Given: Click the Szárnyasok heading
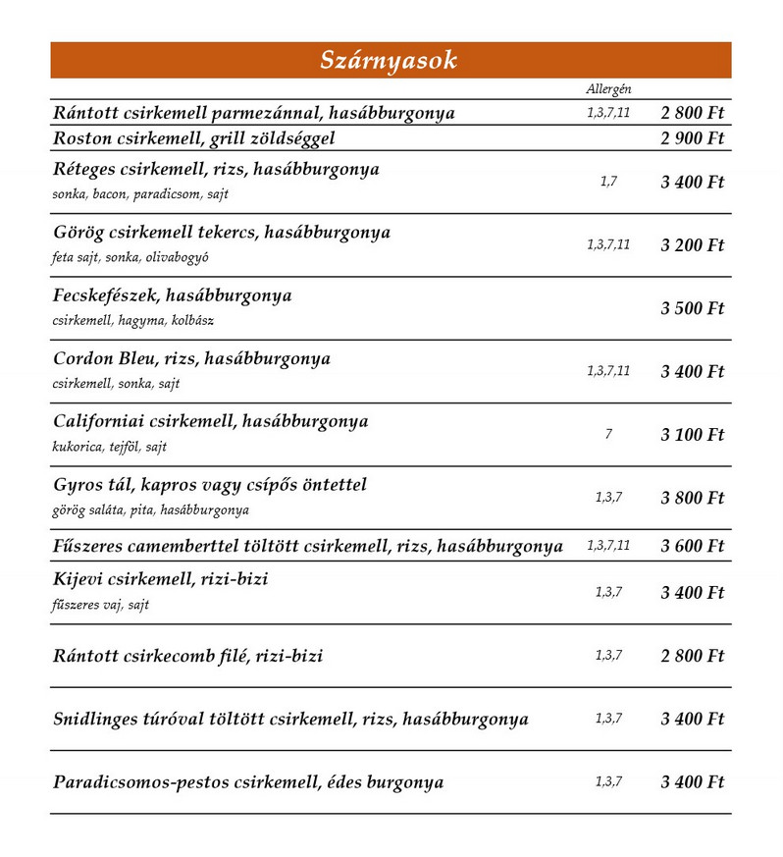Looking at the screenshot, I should pyautogui.click(x=390, y=60).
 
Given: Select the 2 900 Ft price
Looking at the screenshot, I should pyautogui.click(x=692, y=138).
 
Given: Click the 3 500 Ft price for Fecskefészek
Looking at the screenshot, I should pyautogui.click(x=692, y=308).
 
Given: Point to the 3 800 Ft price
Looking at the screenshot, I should pyautogui.click(x=692, y=498).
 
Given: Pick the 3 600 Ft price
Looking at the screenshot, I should pyautogui.click(x=692, y=546).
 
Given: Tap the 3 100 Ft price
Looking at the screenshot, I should pyautogui.click(x=692, y=434).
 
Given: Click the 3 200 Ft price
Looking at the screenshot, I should pyautogui.click(x=692, y=244).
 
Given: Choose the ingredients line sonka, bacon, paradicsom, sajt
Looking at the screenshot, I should pyautogui.click(x=140, y=194).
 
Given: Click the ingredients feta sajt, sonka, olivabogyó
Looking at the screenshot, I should pyautogui.click(x=130, y=258).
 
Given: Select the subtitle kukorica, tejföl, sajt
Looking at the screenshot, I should pyautogui.click(x=110, y=448).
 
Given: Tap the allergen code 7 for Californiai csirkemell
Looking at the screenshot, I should pyautogui.click(x=608, y=434).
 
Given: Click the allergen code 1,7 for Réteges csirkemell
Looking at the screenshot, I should pyautogui.click(x=608, y=182).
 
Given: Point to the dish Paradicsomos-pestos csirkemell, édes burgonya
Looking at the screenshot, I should pyautogui.click(x=248, y=782).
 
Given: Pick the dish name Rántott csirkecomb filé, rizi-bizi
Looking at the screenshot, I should pyautogui.click(x=188, y=656).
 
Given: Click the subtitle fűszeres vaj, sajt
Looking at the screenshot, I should pyautogui.click(x=101, y=606).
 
